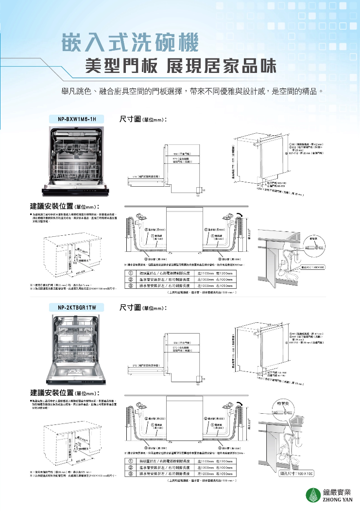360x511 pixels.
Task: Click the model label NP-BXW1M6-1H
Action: (x=77, y=119)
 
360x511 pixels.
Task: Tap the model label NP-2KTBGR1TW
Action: (x=77, y=307)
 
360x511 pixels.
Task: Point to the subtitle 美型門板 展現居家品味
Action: (x=180, y=66)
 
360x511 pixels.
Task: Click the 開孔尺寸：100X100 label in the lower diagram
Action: (x=296, y=473)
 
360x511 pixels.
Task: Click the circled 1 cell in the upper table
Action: (x=131, y=273)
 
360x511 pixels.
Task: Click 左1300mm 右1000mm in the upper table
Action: (x=216, y=280)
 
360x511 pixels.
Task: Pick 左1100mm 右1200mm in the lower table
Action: (x=216, y=461)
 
